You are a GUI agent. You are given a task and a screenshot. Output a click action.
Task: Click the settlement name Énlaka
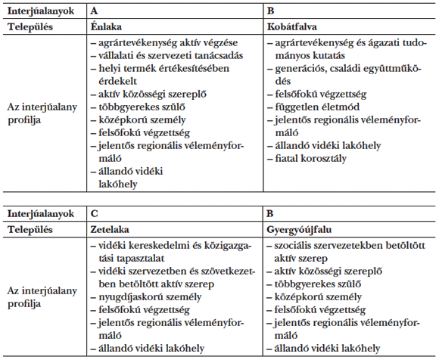[x=105, y=26]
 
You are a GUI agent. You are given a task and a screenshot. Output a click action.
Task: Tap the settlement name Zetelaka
[x=108, y=228]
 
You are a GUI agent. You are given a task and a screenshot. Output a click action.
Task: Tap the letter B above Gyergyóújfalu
[x=269, y=215]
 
